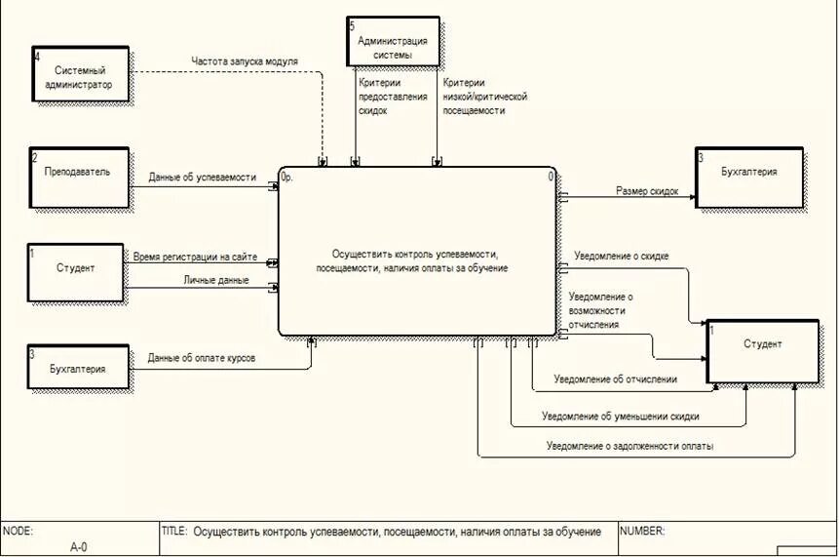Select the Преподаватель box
79,177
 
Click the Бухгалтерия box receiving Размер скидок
748,178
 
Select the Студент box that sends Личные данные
76,272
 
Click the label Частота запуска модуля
245,61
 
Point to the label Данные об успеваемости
203,178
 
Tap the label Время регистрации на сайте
195,257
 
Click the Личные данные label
216,280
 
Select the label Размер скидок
647,191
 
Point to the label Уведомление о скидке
622,257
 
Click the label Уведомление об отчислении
615,378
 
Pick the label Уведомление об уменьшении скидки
620,416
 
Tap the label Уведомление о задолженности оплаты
629,446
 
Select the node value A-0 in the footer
79,547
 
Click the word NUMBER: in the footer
642,532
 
